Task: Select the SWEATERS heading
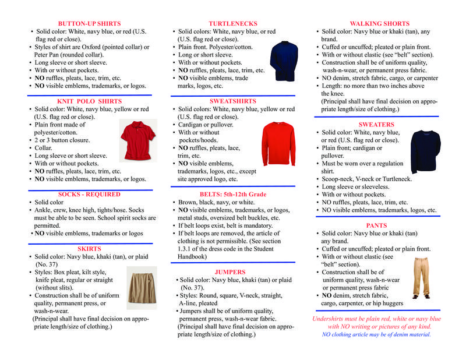[x=376, y=125]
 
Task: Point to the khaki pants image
[x=421, y=277]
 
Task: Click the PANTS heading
[x=376, y=225]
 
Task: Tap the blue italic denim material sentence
[x=376, y=334]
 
